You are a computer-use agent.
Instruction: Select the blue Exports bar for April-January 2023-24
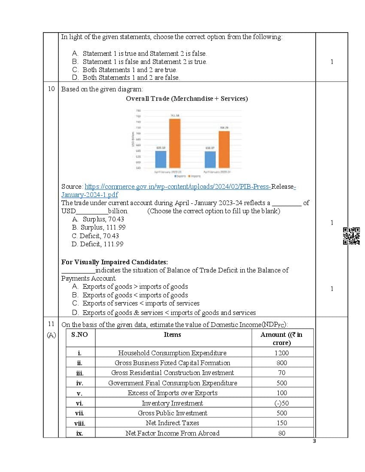point(210,159)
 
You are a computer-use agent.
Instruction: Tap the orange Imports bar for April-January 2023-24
point(224,149)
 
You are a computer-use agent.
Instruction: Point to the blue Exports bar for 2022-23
point(161,159)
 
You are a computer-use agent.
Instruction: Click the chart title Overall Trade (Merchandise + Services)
point(186,99)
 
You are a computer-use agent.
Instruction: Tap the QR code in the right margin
point(351,236)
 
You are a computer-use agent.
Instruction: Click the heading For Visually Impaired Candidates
point(114,262)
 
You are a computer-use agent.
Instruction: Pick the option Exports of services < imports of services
point(135,303)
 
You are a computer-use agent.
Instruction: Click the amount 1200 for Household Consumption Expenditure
point(282,353)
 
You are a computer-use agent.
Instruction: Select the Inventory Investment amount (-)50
point(282,403)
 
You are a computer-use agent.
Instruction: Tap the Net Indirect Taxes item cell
point(173,423)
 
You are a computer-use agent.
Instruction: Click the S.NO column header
point(79,335)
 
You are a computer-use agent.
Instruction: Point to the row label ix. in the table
point(79,433)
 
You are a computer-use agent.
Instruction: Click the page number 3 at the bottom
point(314,441)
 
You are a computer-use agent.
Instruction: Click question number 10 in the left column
point(51,89)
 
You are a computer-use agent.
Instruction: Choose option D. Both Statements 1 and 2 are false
point(131,78)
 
